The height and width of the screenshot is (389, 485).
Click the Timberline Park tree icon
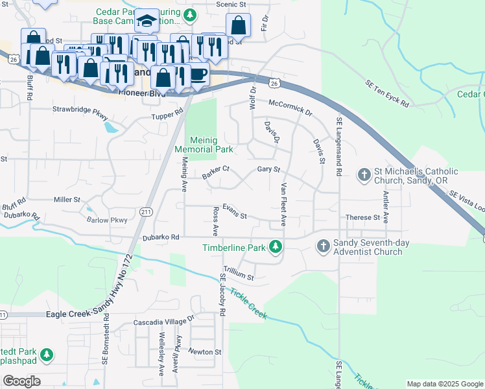[276, 247]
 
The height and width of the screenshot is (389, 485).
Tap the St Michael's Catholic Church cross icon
[364, 174]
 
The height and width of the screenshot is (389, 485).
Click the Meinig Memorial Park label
[204, 145]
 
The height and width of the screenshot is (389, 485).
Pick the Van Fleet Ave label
[283, 205]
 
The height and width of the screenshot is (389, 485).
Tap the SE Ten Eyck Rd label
[387, 95]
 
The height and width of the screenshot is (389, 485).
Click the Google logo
[21, 381]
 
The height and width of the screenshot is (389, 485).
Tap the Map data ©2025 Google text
[444, 384]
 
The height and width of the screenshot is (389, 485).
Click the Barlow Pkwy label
[107, 220]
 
